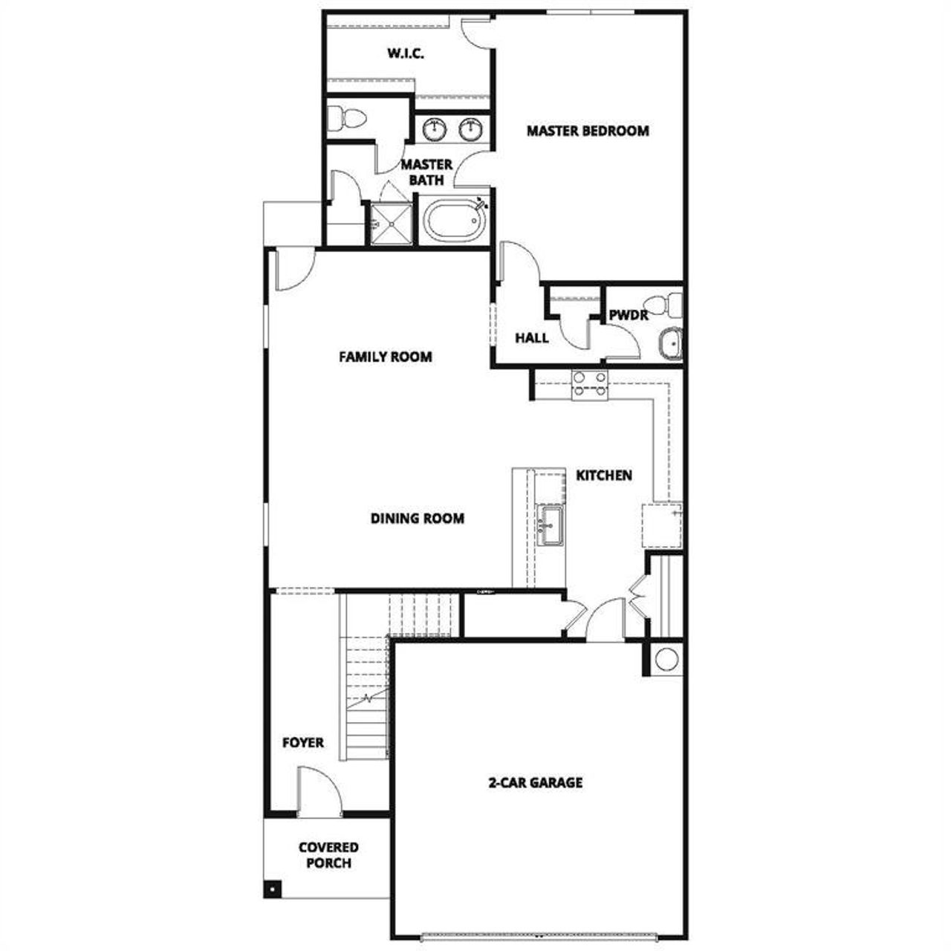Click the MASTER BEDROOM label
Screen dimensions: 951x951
[587, 131]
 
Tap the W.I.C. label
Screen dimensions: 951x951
[405, 53]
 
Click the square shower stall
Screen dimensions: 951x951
[391, 221]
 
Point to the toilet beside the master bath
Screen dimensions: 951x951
[348, 117]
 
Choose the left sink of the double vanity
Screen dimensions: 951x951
[434, 129]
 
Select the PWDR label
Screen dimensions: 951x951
[629, 315]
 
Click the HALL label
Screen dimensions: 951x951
[532, 338]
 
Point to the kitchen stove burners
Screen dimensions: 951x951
[589, 384]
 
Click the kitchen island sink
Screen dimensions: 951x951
[550, 525]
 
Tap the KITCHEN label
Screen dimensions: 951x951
[604, 475]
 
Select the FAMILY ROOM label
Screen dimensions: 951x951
[385, 357]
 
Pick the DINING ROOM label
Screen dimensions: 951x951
[417, 518]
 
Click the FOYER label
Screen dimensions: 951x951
[303, 742]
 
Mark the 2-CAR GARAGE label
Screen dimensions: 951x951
[535, 782]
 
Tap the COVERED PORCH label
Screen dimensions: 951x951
[328, 855]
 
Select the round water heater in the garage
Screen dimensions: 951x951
[666, 659]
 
